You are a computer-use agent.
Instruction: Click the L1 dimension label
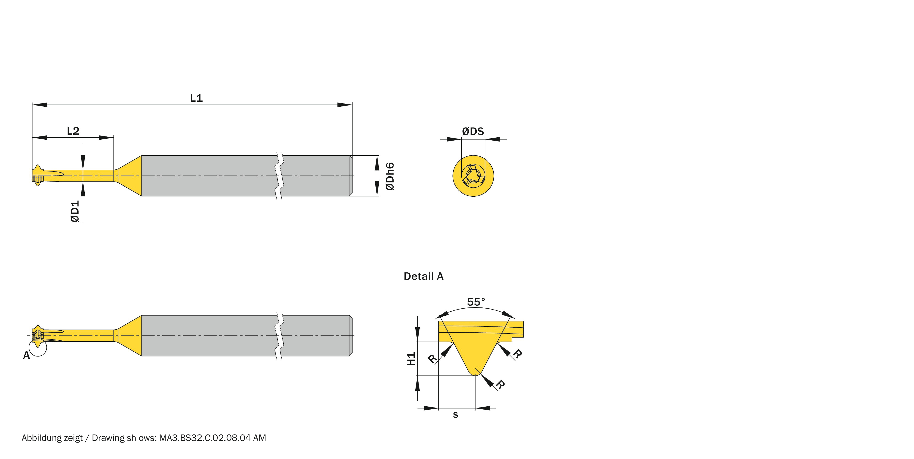[196, 98]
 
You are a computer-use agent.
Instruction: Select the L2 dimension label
[73, 131]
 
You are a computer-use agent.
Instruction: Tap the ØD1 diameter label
[75, 211]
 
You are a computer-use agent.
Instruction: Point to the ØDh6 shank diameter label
[390, 176]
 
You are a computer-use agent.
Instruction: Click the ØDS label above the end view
[473, 132]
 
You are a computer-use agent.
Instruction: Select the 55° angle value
[476, 302]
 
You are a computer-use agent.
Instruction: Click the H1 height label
[411, 359]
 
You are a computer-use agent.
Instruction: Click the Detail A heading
[424, 276]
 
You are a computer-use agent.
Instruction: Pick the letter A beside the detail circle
[26, 355]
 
